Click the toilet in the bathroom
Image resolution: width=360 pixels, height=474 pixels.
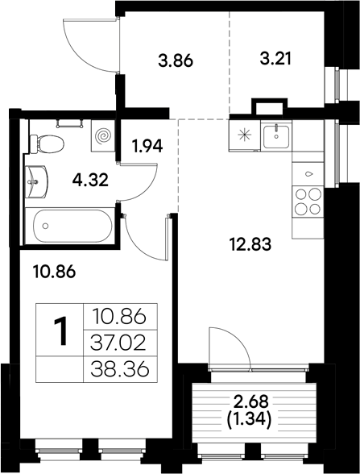click(48, 144)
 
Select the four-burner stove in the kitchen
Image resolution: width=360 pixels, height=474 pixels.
click(306, 202)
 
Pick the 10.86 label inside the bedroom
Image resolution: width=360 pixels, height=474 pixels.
click(56, 272)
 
